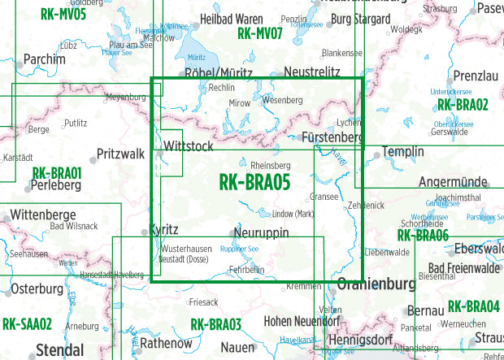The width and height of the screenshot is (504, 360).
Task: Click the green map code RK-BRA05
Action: (254, 184)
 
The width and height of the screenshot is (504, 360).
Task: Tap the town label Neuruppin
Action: (260, 234)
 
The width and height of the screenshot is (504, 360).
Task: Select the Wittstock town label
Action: (189, 146)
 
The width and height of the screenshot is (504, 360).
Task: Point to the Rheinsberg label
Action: (271, 166)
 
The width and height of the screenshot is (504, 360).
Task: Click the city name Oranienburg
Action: (370, 285)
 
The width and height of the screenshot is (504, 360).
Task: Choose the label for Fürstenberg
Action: (331, 138)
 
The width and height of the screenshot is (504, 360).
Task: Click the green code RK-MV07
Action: (260, 34)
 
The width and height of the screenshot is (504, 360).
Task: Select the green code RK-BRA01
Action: (57, 173)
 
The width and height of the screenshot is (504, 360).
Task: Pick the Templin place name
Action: (403, 152)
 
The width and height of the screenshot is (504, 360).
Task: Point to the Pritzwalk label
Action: (120, 153)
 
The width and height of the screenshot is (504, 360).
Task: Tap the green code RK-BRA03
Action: (216, 325)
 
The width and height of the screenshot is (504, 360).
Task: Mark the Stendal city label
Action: (59, 351)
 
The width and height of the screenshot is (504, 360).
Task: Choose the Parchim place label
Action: (45, 59)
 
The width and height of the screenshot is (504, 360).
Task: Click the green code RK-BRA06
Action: (423, 236)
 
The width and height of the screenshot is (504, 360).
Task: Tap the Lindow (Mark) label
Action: (293, 213)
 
